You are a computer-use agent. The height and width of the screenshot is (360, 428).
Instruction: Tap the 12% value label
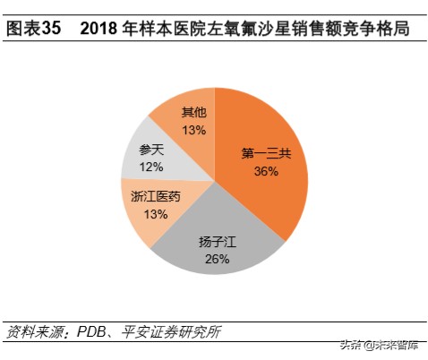150,167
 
